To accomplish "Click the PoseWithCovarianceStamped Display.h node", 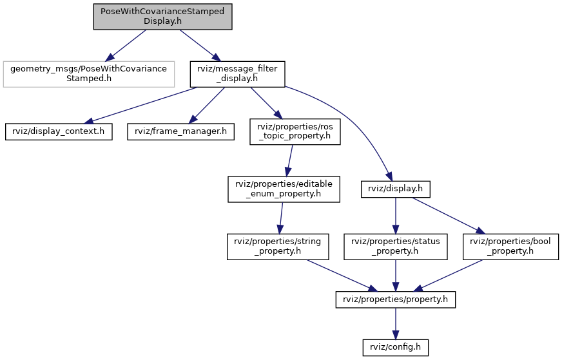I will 162,16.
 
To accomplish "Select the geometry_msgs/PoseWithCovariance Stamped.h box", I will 88,74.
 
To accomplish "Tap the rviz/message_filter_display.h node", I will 237,74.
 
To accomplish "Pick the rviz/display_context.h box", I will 59,131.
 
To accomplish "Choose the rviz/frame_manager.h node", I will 180,131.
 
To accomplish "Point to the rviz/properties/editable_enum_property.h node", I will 284,189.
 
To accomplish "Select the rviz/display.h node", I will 396,189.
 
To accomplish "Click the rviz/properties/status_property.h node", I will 396,247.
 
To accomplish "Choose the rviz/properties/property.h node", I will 396,299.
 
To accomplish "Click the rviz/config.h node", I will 396,348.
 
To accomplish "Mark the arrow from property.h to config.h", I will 396,323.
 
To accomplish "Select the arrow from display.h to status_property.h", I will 396,216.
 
